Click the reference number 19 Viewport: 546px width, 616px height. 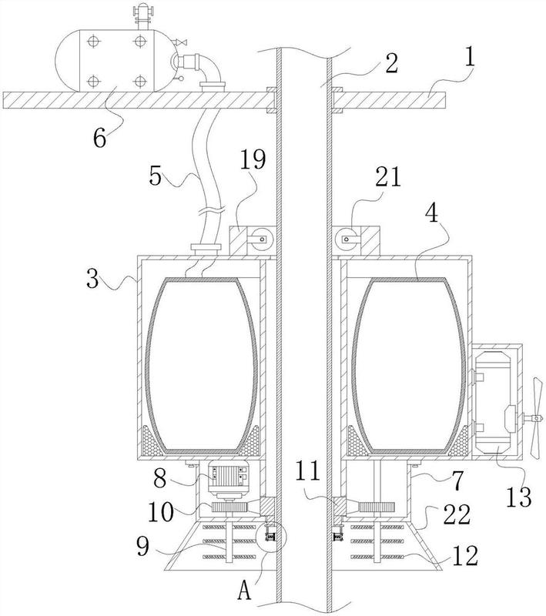[253, 159]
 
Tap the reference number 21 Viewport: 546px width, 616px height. [388, 177]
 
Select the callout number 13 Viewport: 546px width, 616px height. [519, 497]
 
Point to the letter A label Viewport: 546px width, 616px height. [245, 590]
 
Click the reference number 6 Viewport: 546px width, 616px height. [100, 139]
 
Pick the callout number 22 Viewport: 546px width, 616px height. [457, 514]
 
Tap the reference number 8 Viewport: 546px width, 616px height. [159, 478]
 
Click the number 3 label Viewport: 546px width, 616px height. [92, 279]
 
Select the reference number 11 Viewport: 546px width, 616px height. [308, 471]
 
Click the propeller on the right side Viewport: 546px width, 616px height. [536, 417]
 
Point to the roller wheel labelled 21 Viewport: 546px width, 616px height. [346, 239]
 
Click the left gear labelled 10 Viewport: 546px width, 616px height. [230, 507]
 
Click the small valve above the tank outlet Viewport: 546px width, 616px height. [181, 42]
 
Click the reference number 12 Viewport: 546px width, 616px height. [465, 555]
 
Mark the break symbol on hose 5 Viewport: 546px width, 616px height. [209, 211]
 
